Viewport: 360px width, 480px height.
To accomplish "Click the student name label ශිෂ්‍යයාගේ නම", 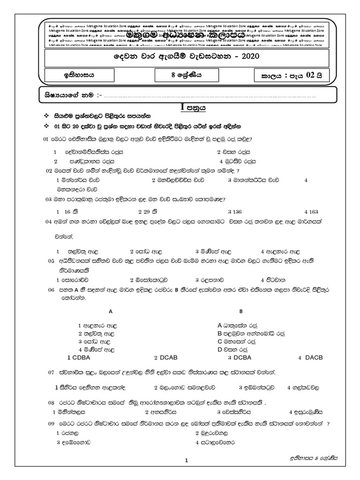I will click(x=66, y=96).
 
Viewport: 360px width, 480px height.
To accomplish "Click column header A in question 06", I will click(x=111, y=311).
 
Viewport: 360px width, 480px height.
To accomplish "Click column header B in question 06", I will click(x=240, y=311).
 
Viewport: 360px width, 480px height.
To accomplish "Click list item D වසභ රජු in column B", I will click(x=237, y=349).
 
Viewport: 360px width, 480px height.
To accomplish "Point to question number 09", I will click(x=52, y=424).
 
